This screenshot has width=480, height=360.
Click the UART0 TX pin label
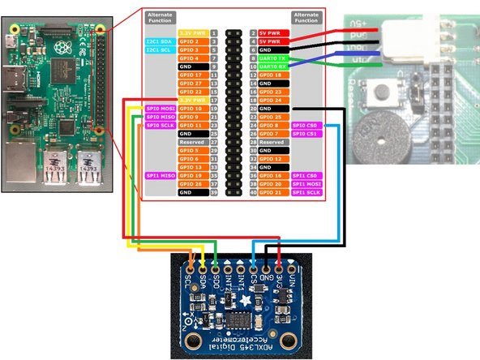269,58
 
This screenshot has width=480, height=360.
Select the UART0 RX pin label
269,66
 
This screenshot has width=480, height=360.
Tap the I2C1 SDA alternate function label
158,41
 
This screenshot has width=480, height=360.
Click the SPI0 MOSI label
158,108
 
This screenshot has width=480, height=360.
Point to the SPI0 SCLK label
158,126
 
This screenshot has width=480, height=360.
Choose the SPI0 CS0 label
304,126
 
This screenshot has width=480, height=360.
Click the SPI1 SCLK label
304,192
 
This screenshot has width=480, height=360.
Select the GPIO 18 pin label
269,75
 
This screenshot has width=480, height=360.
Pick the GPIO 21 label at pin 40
269,192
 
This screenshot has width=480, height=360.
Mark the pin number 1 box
213,32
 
